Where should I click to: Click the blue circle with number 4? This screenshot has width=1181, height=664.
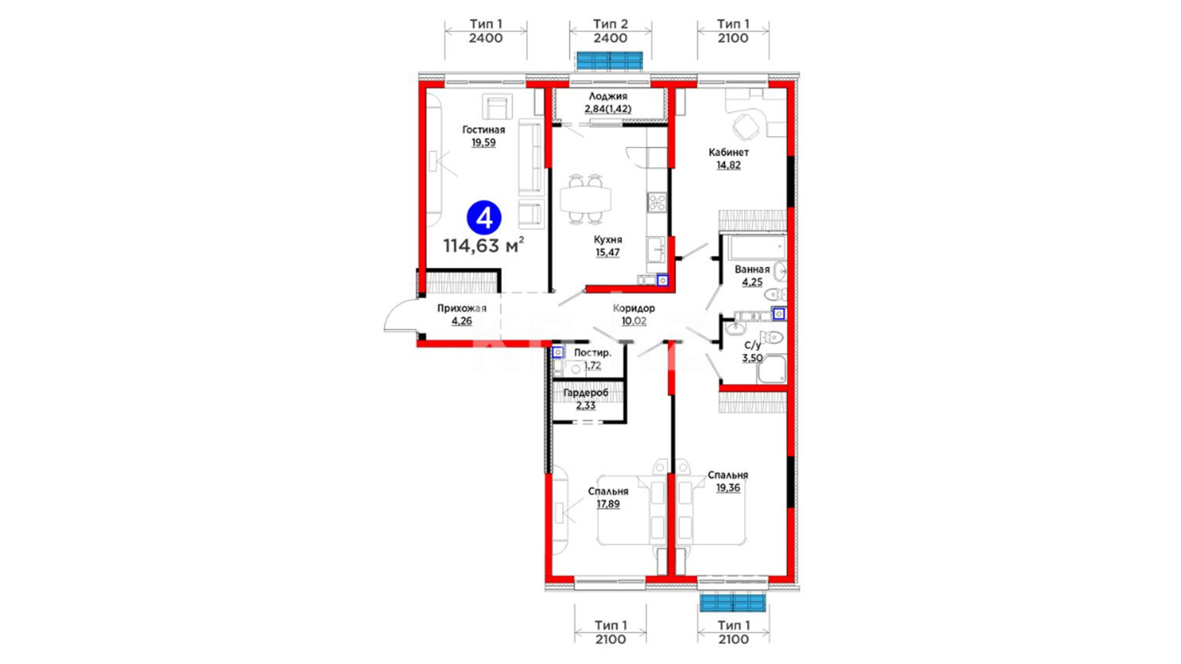484,218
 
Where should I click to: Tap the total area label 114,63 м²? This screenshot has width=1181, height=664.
484,246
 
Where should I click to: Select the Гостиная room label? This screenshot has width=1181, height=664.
483,130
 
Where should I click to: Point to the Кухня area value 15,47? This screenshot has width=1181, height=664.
608,252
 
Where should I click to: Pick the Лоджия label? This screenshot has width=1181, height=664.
608,96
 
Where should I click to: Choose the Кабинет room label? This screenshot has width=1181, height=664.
728,152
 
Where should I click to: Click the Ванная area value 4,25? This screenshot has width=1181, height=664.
752,282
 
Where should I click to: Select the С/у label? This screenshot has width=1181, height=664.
752,346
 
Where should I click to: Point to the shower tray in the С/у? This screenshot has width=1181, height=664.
771,369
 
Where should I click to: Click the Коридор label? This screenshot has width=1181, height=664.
634,308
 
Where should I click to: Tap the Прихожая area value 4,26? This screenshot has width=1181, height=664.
461,321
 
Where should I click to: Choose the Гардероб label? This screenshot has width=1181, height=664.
586,392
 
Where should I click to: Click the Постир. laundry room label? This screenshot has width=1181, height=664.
592,353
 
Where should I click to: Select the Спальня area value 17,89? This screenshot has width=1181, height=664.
608,504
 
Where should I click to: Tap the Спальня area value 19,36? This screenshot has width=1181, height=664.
728,488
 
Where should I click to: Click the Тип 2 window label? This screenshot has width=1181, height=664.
610,24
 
